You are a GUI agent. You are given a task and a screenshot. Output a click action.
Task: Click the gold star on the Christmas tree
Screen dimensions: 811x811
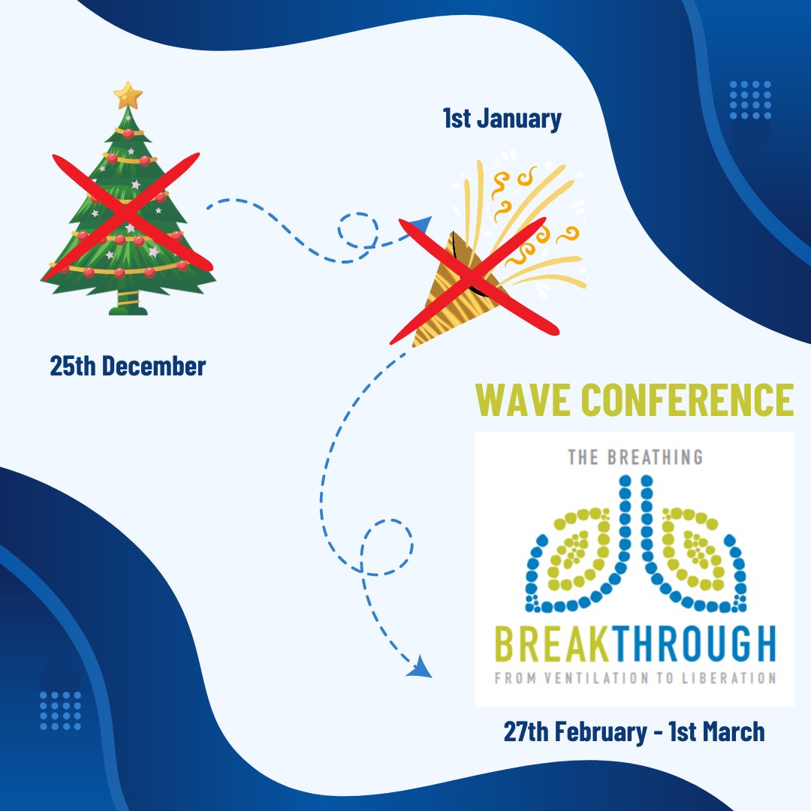pyautogui.click(x=128, y=95)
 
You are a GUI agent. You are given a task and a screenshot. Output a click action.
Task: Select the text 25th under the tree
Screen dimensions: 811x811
pyautogui.click(x=73, y=366)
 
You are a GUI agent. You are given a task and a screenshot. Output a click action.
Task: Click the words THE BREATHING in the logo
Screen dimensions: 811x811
pyautogui.click(x=635, y=457)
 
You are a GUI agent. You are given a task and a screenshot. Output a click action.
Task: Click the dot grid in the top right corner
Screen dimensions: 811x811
pyautogui.click(x=750, y=101)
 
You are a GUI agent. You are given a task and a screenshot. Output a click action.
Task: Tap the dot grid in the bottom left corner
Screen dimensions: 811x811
pyautogui.click(x=60, y=710)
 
